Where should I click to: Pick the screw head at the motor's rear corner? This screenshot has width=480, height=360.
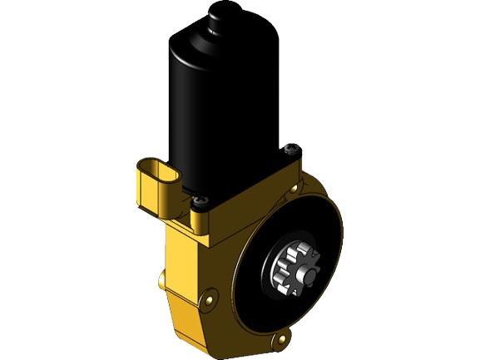291,150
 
